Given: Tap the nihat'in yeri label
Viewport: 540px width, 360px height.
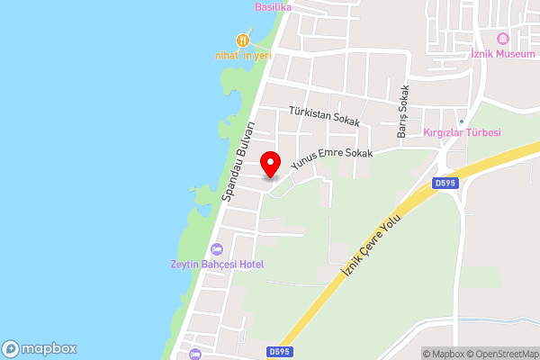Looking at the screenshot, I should pyautogui.click(x=243, y=55).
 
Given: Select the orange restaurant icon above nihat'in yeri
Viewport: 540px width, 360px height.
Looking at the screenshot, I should pyautogui.click(x=243, y=40).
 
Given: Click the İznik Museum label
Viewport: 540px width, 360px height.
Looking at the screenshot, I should pyautogui.click(x=502, y=54).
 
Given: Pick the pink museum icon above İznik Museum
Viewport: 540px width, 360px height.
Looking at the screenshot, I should pyautogui.click(x=502, y=39).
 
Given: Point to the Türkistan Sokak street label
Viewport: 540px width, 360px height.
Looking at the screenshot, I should pyautogui.click(x=324, y=116).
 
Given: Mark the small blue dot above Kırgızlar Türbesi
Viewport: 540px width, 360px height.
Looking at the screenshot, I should pyautogui.click(x=462, y=121).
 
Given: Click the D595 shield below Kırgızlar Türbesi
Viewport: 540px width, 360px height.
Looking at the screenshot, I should pyautogui.click(x=445, y=184).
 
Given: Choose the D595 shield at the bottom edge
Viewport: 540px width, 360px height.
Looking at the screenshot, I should pyautogui.click(x=278, y=352).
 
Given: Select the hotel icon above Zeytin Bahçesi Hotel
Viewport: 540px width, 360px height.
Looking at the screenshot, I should pyautogui.click(x=216, y=248).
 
